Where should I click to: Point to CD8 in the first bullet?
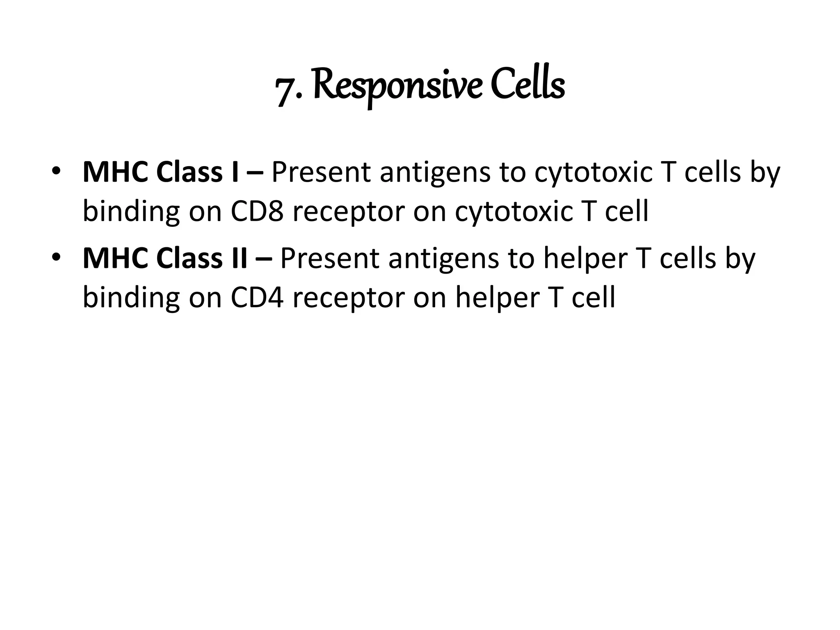click(x=257, y=211)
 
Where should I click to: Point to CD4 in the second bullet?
click(x=257, y=297)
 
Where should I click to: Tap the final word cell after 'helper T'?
click(x=593, y=297)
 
